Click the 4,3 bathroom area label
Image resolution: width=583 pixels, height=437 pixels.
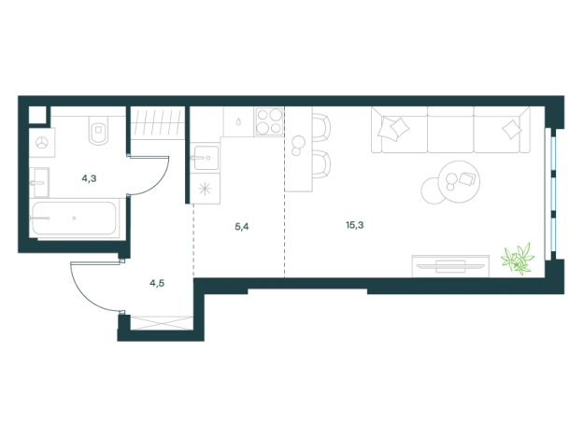tap(90, 178)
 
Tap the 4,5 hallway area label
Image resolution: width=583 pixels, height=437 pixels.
tap(157, 284)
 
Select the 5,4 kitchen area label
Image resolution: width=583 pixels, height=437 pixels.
tap(242, 226)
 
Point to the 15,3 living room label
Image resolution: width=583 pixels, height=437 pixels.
tap(355, 225)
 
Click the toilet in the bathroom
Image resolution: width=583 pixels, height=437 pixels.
tap(98, 130)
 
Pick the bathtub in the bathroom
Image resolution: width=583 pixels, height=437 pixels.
tap(76, 218)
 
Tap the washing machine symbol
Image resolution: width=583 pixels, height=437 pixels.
tap(42, 142)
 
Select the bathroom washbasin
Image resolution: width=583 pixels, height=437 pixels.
tap(40, 182)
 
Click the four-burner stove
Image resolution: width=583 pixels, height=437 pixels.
tap(269, 121)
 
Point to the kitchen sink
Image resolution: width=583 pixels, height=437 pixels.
tap(206, 158)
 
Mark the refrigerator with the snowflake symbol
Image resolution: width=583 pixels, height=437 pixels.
tap(205, 189)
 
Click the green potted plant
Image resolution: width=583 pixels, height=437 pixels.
tap(518, 259)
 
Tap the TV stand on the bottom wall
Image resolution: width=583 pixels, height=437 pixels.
tap(450, 266)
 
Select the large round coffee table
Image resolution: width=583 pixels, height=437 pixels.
tap(459, 182)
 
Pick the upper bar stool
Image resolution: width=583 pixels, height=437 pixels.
tap(321, 127)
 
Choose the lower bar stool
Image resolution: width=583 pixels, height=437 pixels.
tap(321, 164)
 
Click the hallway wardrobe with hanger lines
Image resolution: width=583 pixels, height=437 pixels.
tap(158, 123)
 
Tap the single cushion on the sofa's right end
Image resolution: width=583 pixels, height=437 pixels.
tap(512, 129)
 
